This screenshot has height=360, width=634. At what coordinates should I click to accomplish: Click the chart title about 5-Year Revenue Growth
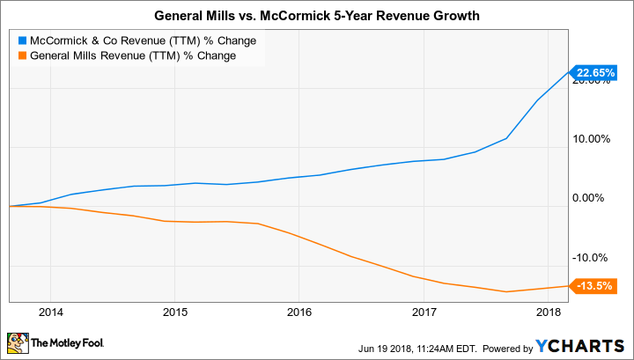[x=316, y=15]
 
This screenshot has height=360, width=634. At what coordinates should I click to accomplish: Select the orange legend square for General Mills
[x=21, y=56]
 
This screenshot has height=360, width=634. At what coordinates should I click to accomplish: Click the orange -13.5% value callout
[x=592, y=285]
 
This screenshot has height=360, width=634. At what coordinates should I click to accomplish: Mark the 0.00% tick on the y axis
[x=593, y=198]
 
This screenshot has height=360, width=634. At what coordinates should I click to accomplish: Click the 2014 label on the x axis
[x=50, y=312]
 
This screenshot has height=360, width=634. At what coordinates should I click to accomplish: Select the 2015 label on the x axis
[x=174, y=312]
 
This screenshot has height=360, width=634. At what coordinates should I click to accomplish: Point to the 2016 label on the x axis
[x=299, y=312]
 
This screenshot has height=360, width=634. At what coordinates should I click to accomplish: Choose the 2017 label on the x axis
[x=424, y=312]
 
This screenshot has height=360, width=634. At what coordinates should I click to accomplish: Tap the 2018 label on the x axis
[x=548, y=312]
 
